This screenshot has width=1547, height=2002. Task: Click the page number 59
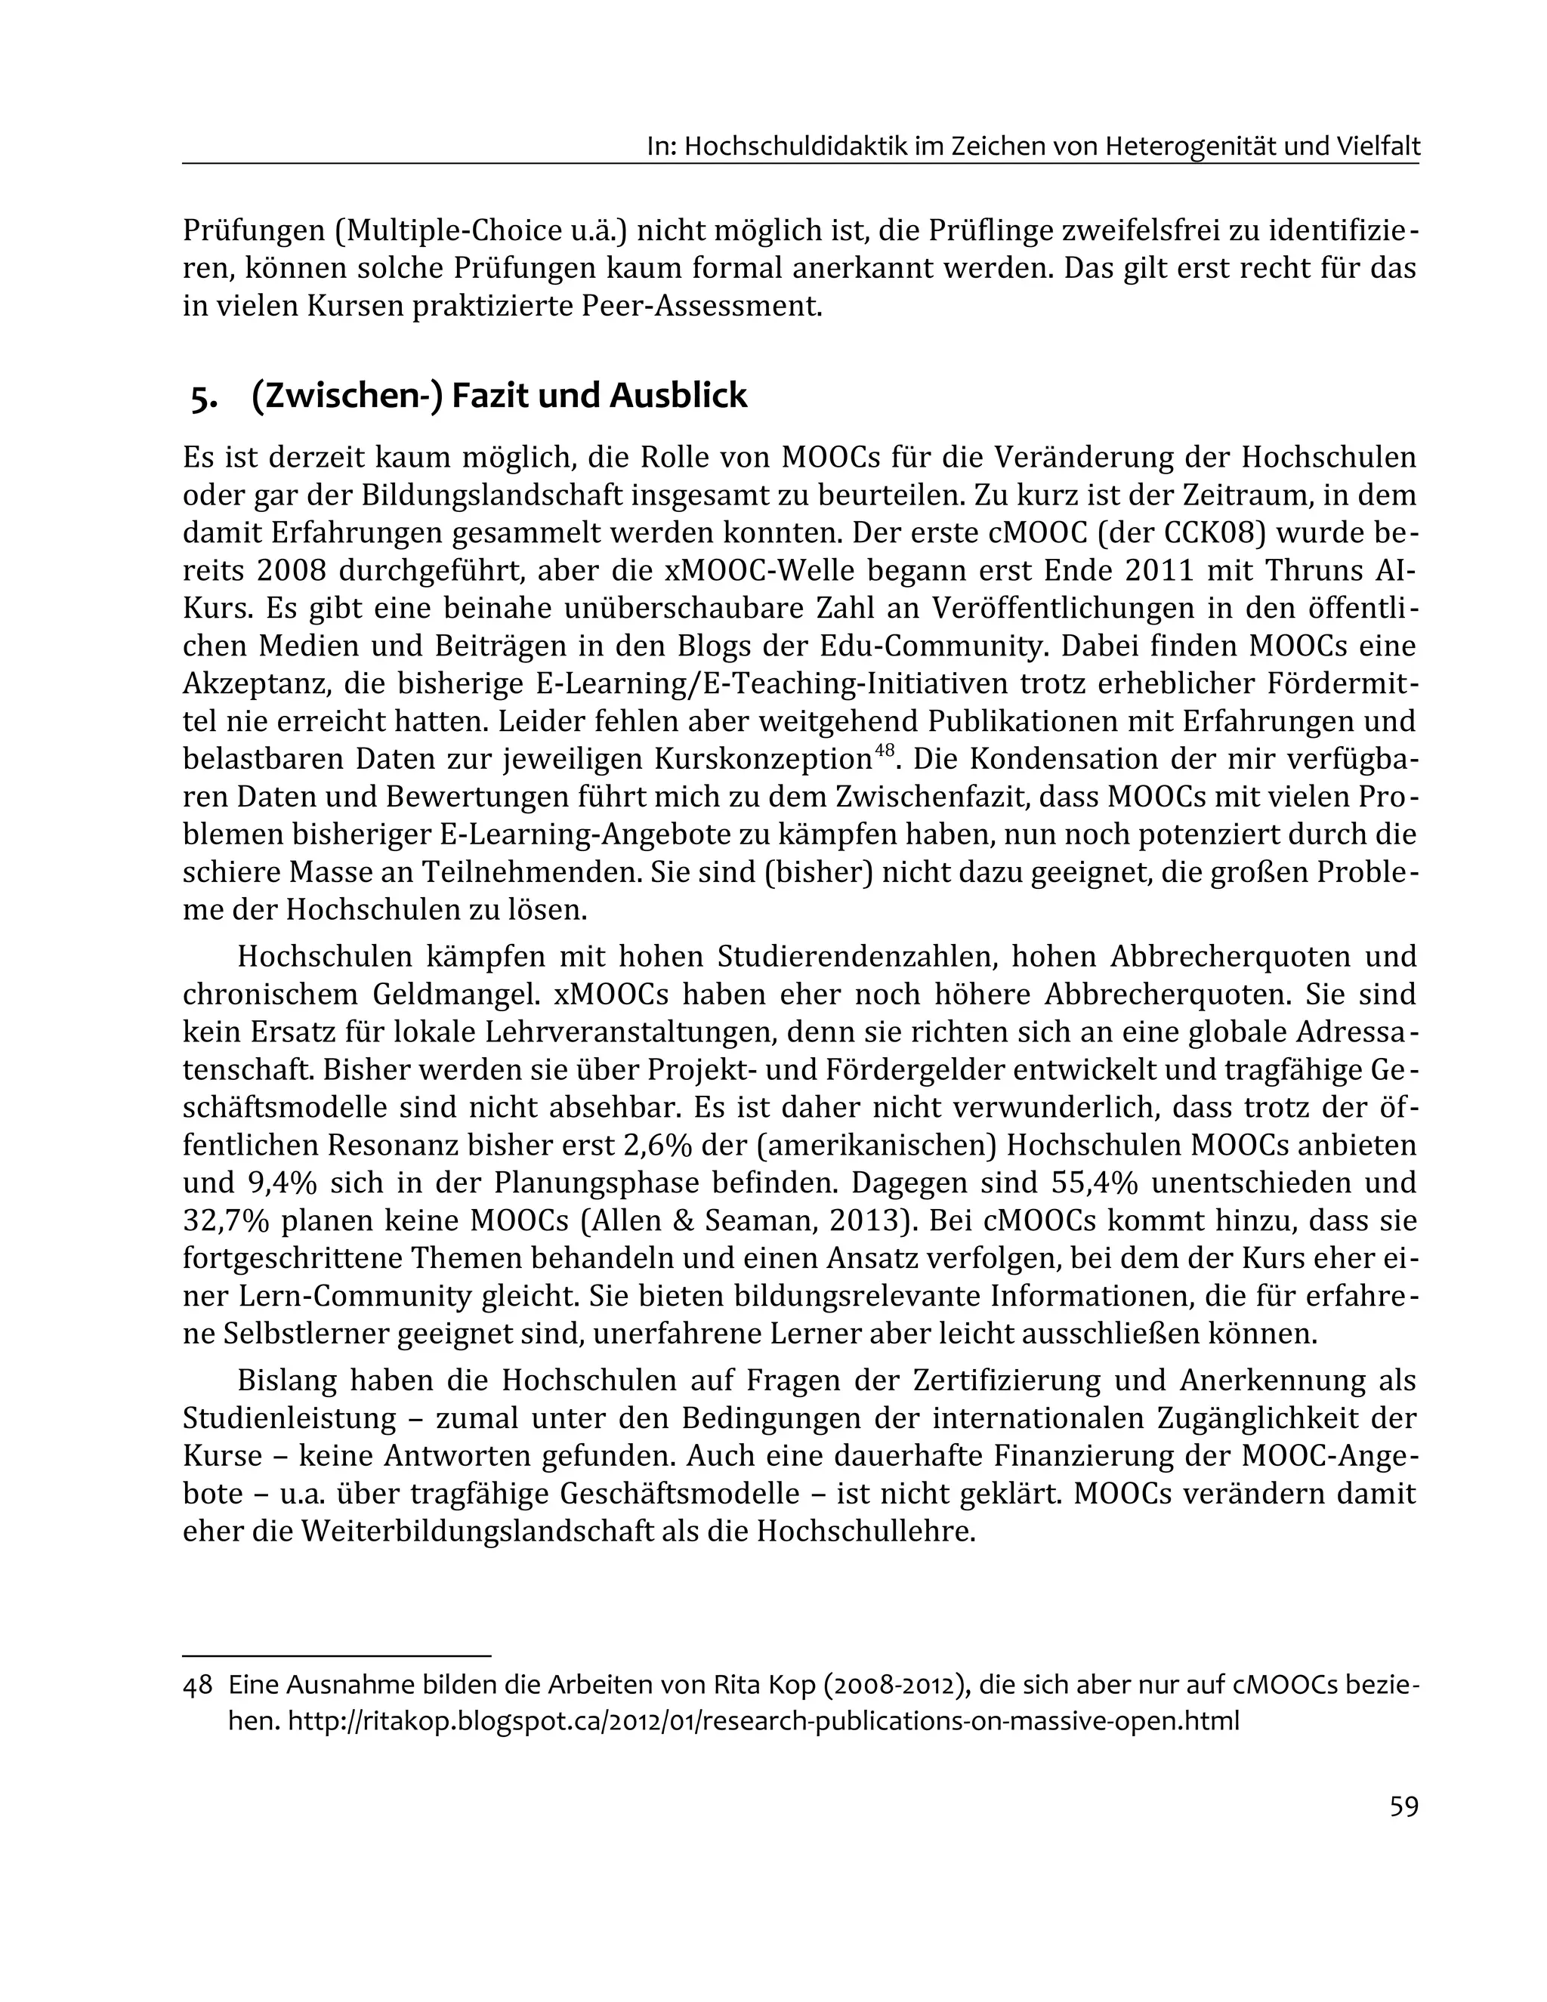[1403, 1806]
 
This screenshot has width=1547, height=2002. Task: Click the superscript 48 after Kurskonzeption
[883, 751]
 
